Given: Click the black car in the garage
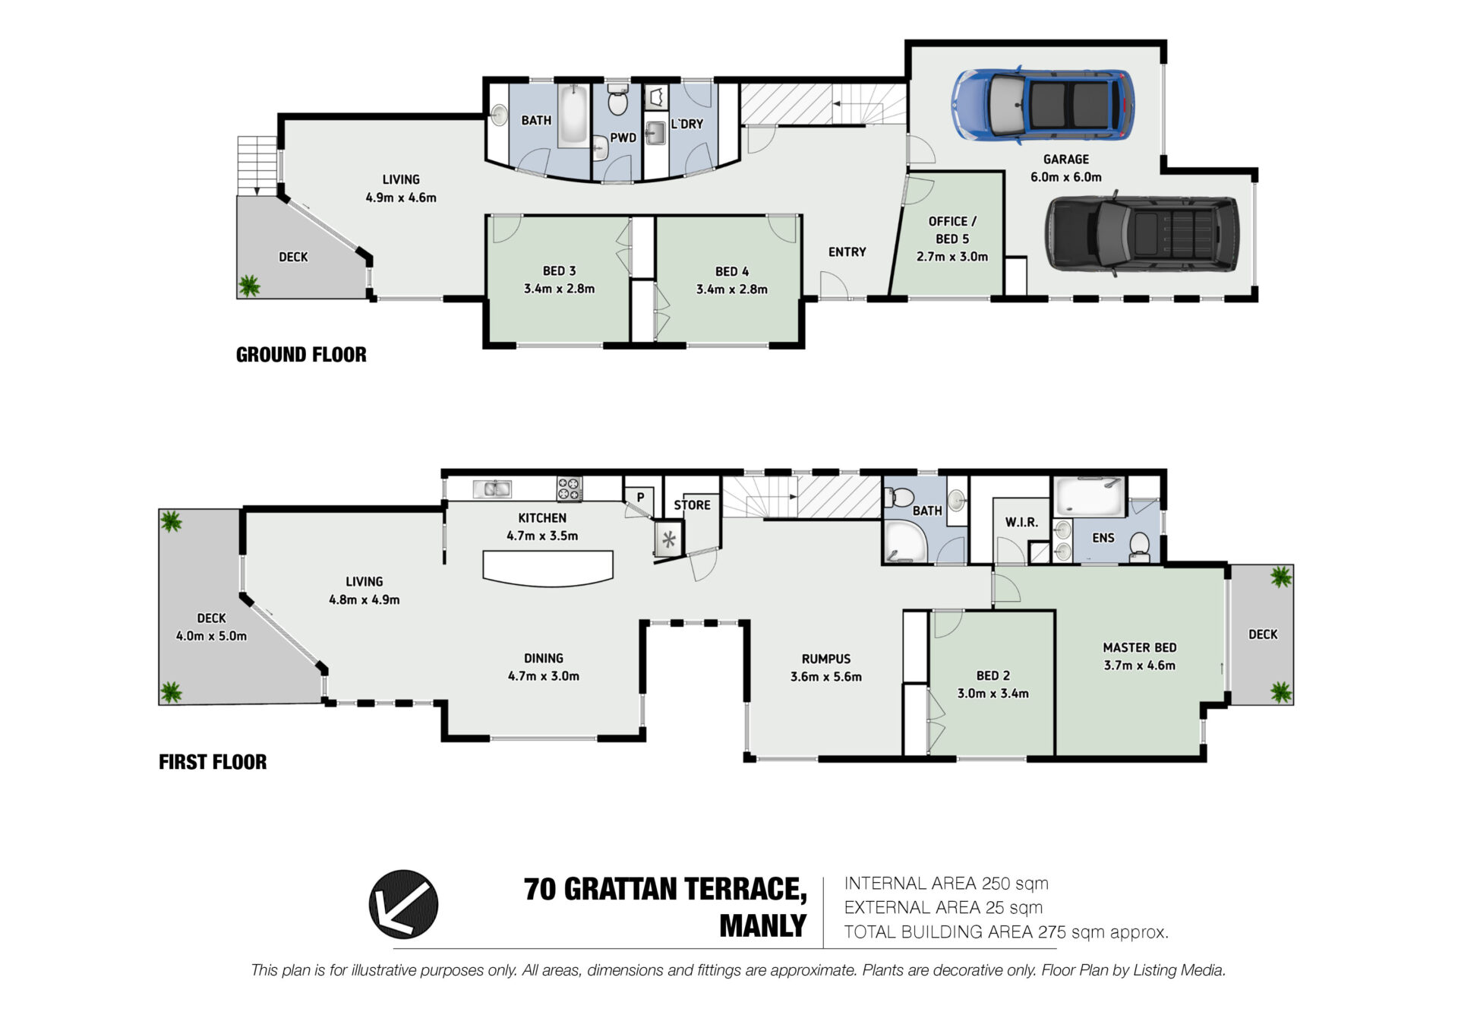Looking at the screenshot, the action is pos(1141,234).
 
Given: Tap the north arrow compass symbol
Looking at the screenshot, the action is pos(403,904).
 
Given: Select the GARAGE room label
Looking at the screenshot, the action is pos(1065,160).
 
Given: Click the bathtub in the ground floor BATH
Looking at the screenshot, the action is pos(573,115).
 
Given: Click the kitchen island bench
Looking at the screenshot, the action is pos(548,568).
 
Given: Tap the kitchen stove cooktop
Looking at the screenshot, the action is pos(570,489).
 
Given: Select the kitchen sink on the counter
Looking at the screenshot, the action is pos(492,489).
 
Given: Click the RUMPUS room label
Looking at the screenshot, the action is pos(826,659).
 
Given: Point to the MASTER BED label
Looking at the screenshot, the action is pos(1139,647).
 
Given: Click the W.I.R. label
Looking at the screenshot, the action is pos(1021,522).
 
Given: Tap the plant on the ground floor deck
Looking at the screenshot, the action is pos(249,286).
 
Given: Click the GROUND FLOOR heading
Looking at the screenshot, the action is pos(301,355).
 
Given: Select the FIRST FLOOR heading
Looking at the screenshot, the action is pos(213,762).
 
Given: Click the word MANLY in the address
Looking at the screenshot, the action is pos(762,925).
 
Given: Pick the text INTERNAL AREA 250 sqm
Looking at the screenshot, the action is pos(946,883).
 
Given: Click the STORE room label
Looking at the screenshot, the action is pos(692,504).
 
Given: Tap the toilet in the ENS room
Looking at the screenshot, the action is pos(1139,545).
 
